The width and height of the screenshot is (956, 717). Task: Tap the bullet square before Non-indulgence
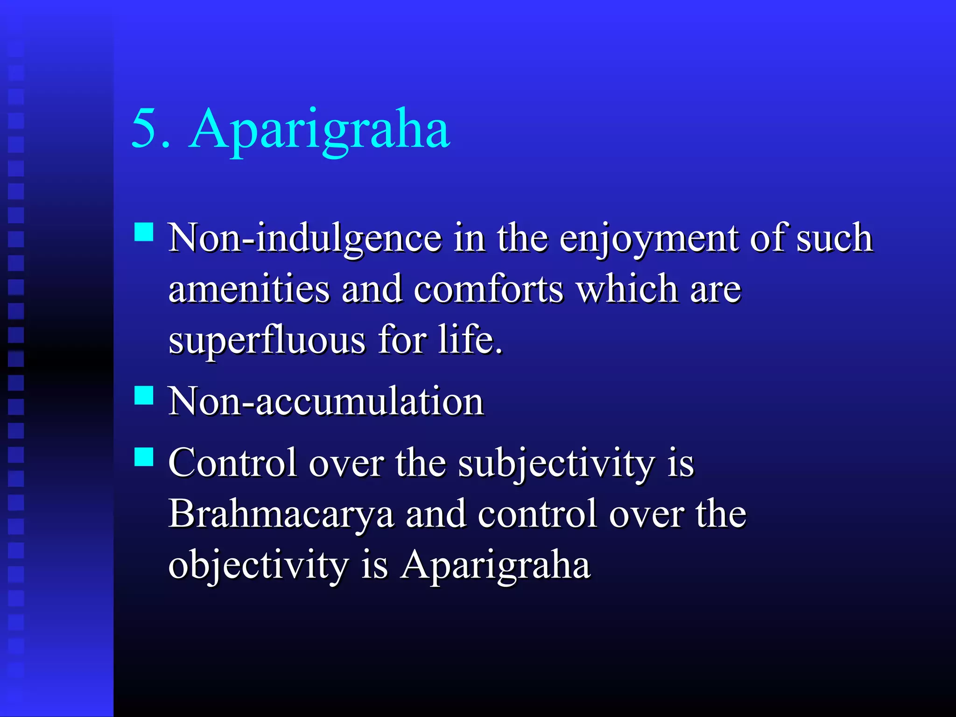(x=144, y=232)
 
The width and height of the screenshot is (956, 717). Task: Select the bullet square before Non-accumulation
(x=144, y=395)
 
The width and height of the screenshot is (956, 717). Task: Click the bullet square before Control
(x=144, y=457)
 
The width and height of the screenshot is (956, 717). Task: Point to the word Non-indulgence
(x=305, y=239)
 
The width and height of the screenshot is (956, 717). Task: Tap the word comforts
(x=489, y=289)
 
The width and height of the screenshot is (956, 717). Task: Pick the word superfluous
(x=267, y=341)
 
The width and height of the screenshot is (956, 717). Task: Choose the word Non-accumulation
(x=326, y=402)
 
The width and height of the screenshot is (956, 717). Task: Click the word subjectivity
(x=556, y=464)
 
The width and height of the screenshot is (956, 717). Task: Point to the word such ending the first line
(x=834, y=239)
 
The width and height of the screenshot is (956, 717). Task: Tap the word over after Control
(x=346, y=464)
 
